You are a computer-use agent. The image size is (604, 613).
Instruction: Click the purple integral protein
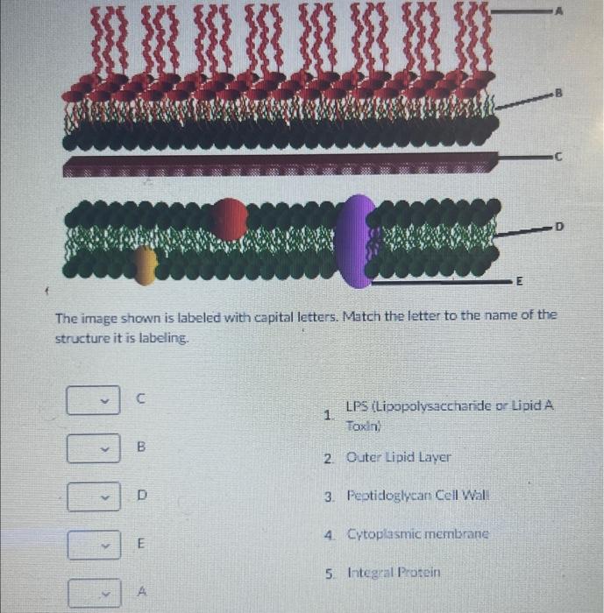point(356,239)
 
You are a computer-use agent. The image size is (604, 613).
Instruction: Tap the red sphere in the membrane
point(230,218)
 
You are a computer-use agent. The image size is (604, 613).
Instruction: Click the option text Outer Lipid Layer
point(399,457)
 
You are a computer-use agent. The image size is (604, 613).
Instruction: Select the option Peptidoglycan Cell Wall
point(416,496)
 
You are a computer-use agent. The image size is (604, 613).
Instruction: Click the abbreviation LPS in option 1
point(357,407)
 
